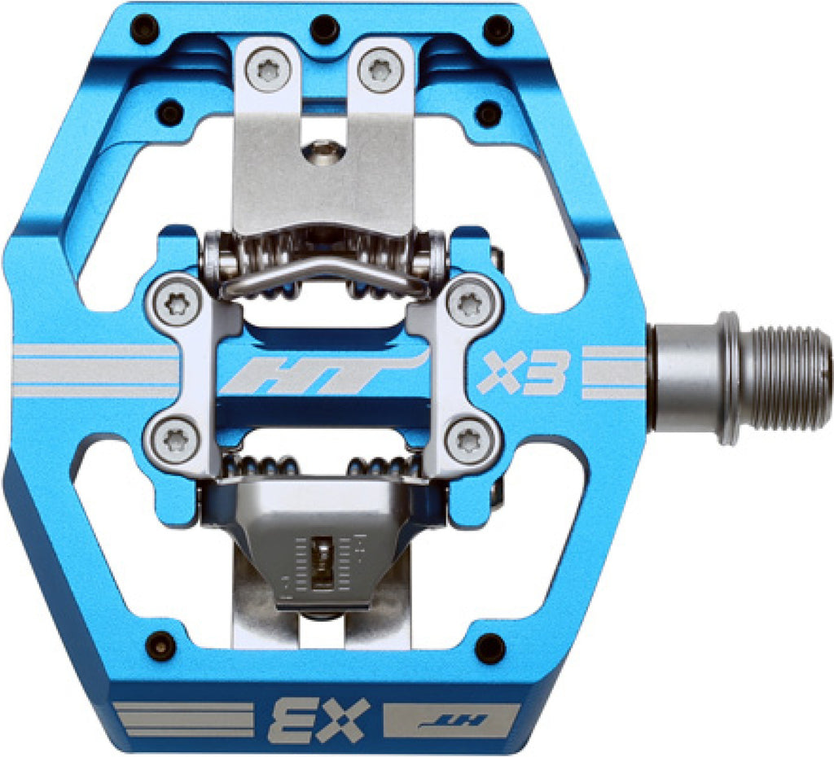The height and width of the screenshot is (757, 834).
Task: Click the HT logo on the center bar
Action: click(x=325, y=374)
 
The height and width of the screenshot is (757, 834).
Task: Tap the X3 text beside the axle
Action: click(x=520, y=372)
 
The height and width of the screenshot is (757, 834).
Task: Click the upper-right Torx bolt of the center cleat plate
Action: click(x=469, y=304)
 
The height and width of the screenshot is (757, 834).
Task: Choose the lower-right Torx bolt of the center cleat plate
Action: click(x=469, y=440)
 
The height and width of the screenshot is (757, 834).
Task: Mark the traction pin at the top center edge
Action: click(x=325, y=28)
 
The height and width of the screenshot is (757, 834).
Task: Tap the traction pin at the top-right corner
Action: click(x=498, y=28)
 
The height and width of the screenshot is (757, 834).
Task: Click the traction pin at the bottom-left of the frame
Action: click(x=160, y=645)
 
